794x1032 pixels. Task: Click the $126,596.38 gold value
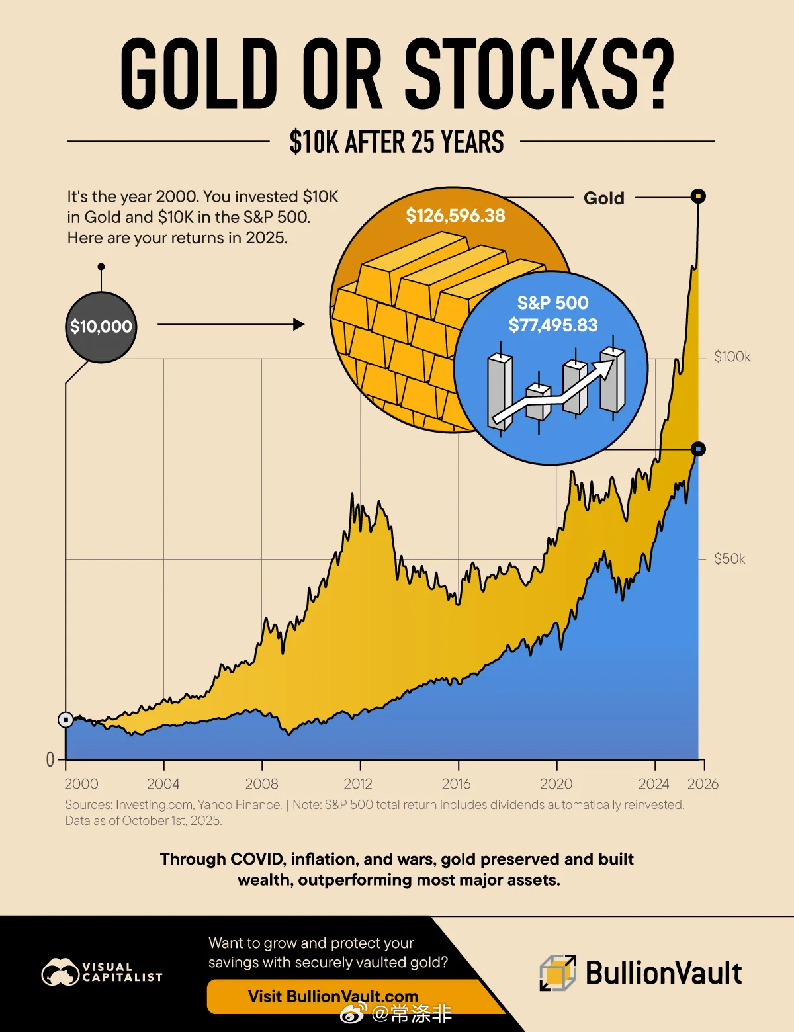pyautogui.click(x=455, y=216)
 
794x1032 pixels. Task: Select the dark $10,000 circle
pyautogui.click(x=101, y=327)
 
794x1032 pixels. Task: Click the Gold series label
pyautogui.click(x=603, y=198)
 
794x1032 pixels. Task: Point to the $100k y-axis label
pyautogui.click(x=732, y=357)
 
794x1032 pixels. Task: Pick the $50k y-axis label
pyautogui.click(x=729, y=559)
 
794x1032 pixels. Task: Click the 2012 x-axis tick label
pyautogui.click(x=358, y=784)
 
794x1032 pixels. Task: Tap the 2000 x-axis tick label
pyautogui.click(x=81, y=784)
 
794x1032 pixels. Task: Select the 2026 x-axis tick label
pyautogui.click(x=703, y=784)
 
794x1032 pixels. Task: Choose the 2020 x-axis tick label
pyautogui.click(x=556, y=784)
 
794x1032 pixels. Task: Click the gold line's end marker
pyautogui.click(x=698, y=196)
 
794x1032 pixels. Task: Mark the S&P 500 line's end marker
pyautogui.click(x=698, y=449)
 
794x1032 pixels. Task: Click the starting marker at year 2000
pyautogui.click(x=66, y=720)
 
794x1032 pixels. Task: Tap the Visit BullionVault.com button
pyautogui.click(x=333, y=996)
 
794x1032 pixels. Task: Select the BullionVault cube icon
pyautogui.click(x=558, y=973)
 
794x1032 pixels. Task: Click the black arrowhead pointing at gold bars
pyautogui.click(x=299, y=324)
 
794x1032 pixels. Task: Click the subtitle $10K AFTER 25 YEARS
pyautogui.click(x=396, y=142)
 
